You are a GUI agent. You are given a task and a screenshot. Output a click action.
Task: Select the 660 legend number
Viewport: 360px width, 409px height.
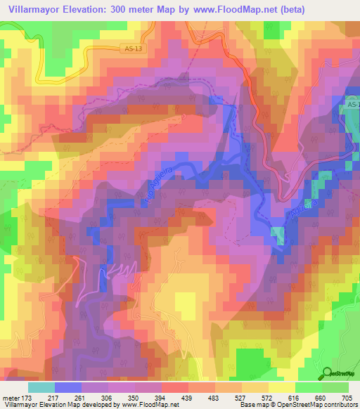coord(318,398)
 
